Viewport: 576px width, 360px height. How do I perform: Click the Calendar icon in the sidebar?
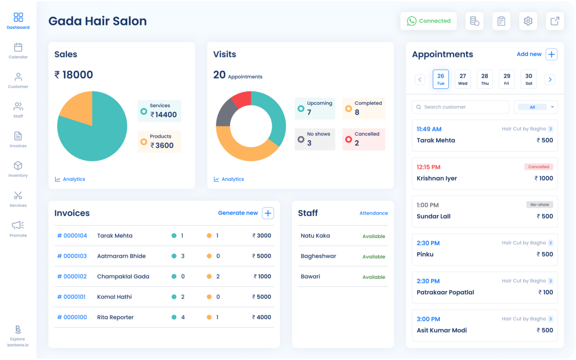[x=18, y=47]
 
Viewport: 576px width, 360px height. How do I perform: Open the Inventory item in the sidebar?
[x=18, y=166]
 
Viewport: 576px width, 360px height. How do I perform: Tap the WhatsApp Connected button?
[x=428, y=21]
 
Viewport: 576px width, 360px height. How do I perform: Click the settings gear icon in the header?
[x=528, y=21]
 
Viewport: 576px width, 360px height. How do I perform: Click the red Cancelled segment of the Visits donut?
[x=242, y=99]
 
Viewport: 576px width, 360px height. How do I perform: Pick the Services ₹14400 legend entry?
[x=159, y=111]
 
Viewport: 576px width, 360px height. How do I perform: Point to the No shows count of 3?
[x=309, y=143]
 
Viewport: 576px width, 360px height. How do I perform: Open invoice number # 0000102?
[x=72, y=276]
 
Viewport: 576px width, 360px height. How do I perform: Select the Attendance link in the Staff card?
[x=373, y=213]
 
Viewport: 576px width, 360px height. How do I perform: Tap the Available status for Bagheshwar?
[x=373, y=257]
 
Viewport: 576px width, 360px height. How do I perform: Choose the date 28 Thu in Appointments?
[x=484, y=79]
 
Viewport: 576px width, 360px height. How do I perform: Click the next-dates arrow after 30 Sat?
[x=550, y=79]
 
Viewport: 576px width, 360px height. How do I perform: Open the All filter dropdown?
[x=536, y=107]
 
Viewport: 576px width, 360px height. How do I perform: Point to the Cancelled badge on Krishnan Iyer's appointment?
[x=538, y=167]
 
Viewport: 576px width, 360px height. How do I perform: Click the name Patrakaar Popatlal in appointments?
[x=445, y=292]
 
